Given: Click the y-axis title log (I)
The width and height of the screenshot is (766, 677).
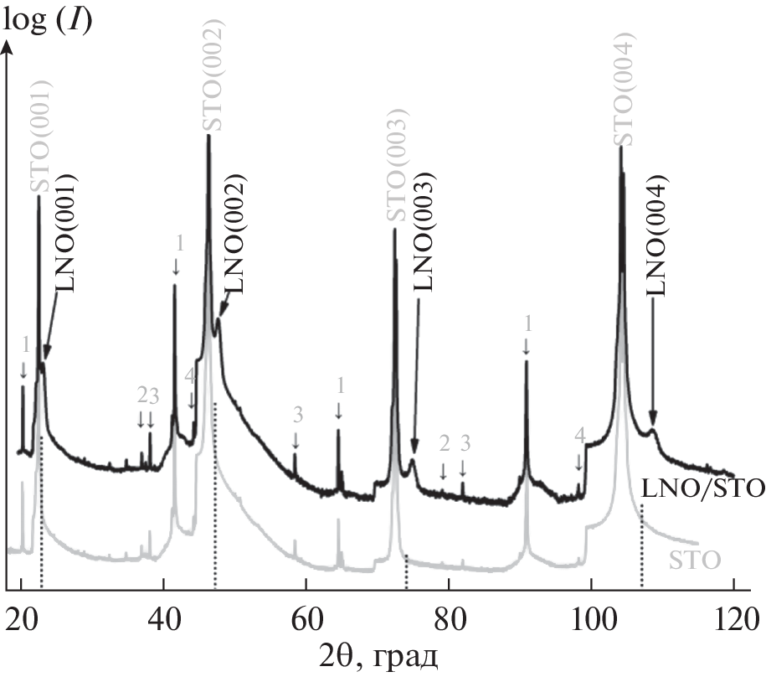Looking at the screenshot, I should [x=48, y=18].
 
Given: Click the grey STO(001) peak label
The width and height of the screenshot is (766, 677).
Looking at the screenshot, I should [x=44, y=137].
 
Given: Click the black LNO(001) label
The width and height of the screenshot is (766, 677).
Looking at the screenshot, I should [x=67, y=232].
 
